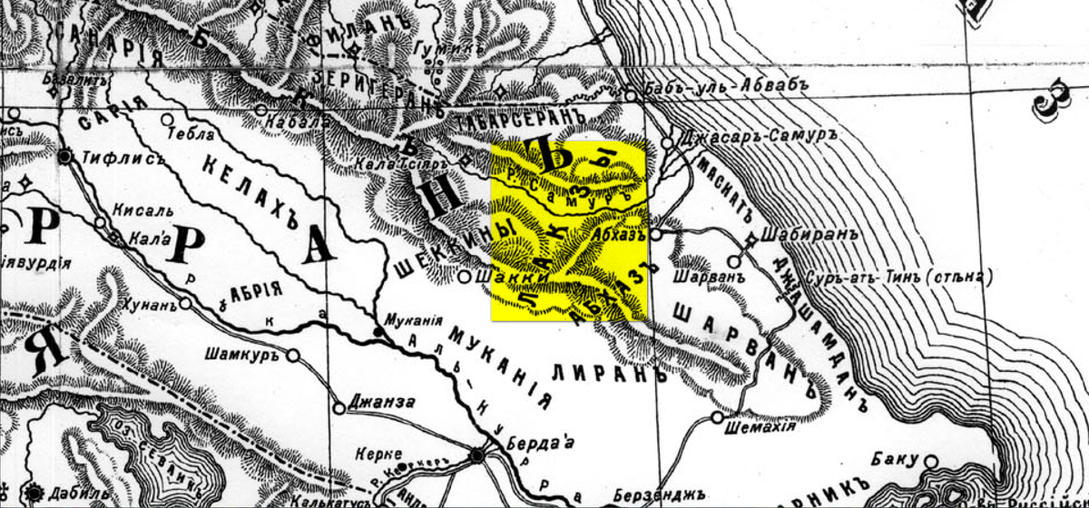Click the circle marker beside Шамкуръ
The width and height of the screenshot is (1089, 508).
[293, 357]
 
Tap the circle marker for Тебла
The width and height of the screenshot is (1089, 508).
[167, 119]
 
